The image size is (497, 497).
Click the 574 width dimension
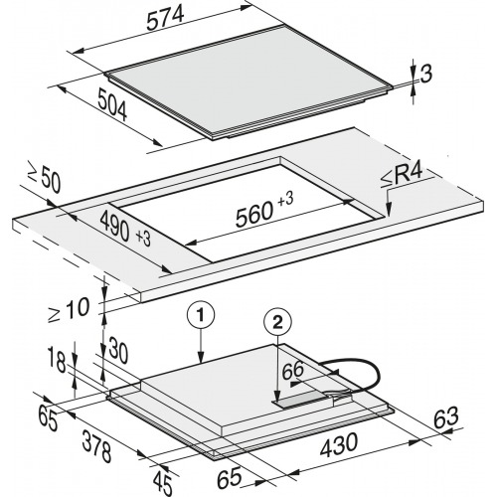click(x=165, y=18)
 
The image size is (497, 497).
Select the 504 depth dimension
click(x=112, y=105)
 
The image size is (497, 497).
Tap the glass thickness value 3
click(x=426, y=74)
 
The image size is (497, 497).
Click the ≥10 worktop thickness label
click(x=70, y=310)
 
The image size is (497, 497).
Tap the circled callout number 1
click(x=201, y=315)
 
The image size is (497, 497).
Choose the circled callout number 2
click(x=277, y=322)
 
